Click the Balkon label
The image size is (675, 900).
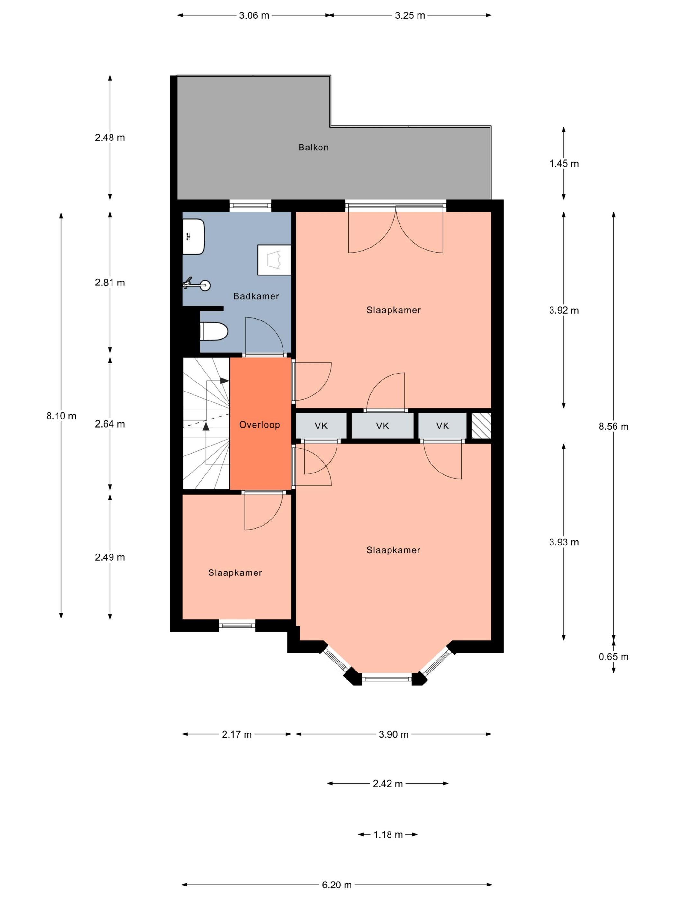click(313, 147)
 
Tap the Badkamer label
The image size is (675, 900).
click(256, 296)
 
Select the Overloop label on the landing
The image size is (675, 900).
click(260, 425)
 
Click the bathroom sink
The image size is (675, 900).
click(193, 236)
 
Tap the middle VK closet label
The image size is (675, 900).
click(382, 426)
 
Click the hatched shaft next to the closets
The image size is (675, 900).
click(481, 426)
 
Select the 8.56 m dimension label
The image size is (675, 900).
click(614, 427)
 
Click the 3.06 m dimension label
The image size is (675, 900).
click(254, 15)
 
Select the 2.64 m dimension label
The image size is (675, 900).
click(110, 424)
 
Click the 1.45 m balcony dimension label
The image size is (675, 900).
click(564, 164)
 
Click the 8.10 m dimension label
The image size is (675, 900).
click(61, 416)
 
